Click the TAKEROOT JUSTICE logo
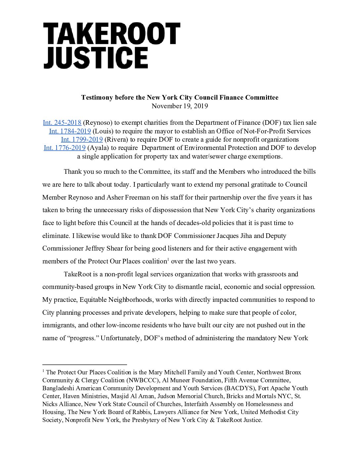click(112, 46)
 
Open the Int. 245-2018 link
click(62, 123)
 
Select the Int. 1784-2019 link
click(70, 131)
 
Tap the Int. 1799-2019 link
click(82, 139)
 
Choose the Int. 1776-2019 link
click(65, 148)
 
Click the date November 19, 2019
click(180, 106)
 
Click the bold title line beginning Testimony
click(180, 97)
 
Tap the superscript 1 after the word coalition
click(168, 259)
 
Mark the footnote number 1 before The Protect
click(43, 371)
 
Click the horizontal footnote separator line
click(85, 364)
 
